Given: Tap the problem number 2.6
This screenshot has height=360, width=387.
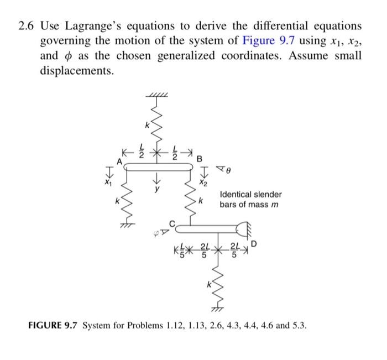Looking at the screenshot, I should (27, 27).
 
